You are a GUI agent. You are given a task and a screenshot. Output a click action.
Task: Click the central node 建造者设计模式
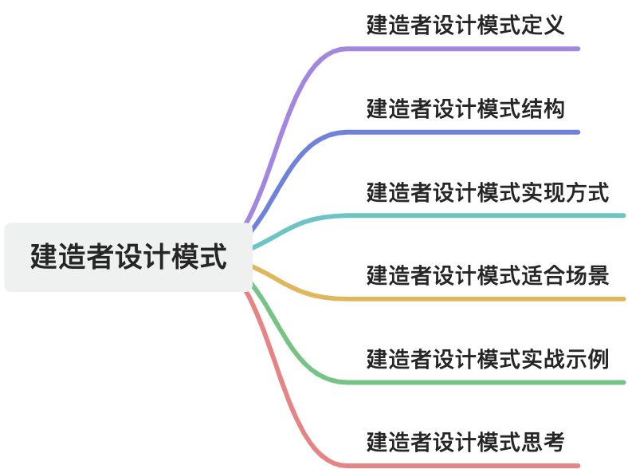[128, 258]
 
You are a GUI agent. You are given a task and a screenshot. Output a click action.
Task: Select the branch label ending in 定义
[465, 26]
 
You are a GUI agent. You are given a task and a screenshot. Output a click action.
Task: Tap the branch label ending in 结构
[465, 108]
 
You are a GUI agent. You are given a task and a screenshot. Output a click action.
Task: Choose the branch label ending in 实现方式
[488, 192]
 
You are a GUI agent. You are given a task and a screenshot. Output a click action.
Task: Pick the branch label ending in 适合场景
[488, 276]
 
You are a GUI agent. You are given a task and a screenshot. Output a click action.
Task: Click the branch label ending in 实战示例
[488, 360]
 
